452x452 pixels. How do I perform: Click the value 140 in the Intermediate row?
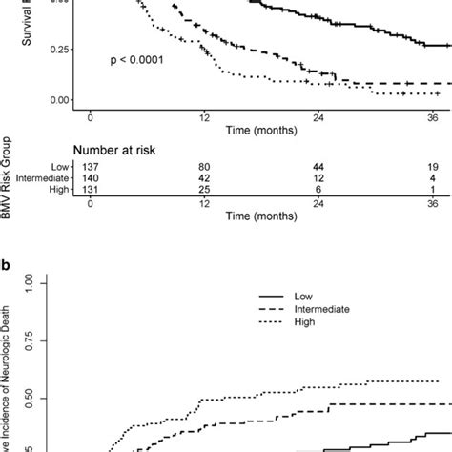pyautogui.click(x=90, y=176)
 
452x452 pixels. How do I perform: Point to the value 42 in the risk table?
pyautogui.click(x=203, y=176)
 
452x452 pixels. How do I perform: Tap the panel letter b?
pyautogui.click(x=8, y=258)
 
